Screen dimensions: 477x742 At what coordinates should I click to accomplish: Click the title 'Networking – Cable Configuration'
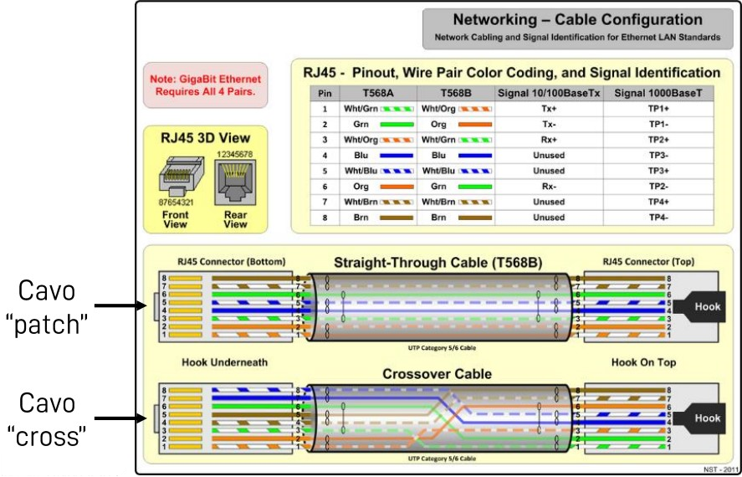click(577, 19)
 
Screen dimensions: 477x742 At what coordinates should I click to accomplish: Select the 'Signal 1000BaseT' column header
click(658, 93)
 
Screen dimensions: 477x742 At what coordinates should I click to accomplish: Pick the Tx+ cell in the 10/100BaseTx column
click(548, 109)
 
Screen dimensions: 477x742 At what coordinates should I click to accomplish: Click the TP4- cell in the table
click(658, 218)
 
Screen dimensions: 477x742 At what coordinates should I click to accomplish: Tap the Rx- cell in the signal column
click(548, 187)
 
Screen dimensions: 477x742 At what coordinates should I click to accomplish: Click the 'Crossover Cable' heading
click(437, 373)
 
